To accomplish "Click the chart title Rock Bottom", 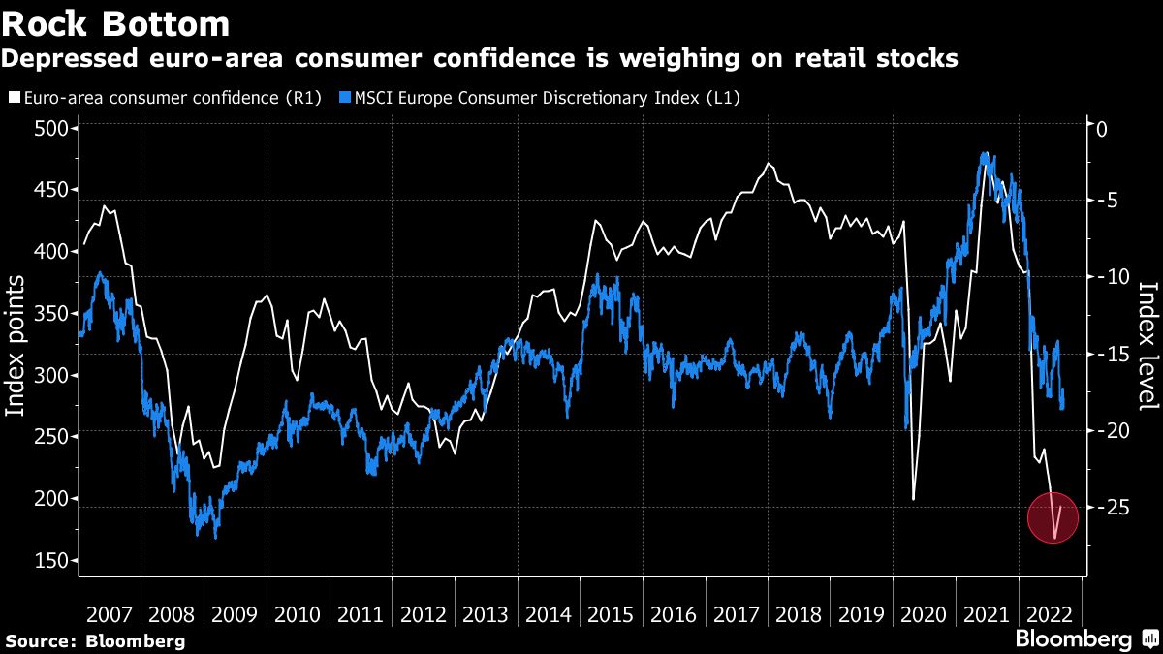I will pos(116,22).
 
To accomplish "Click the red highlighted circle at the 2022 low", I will pos(1053,518).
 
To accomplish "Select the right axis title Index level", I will pos(1147,346).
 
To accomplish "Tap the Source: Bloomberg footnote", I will pos(95,640).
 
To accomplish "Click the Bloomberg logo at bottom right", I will pos(1085,638).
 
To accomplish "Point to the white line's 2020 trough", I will pos(914,500).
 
